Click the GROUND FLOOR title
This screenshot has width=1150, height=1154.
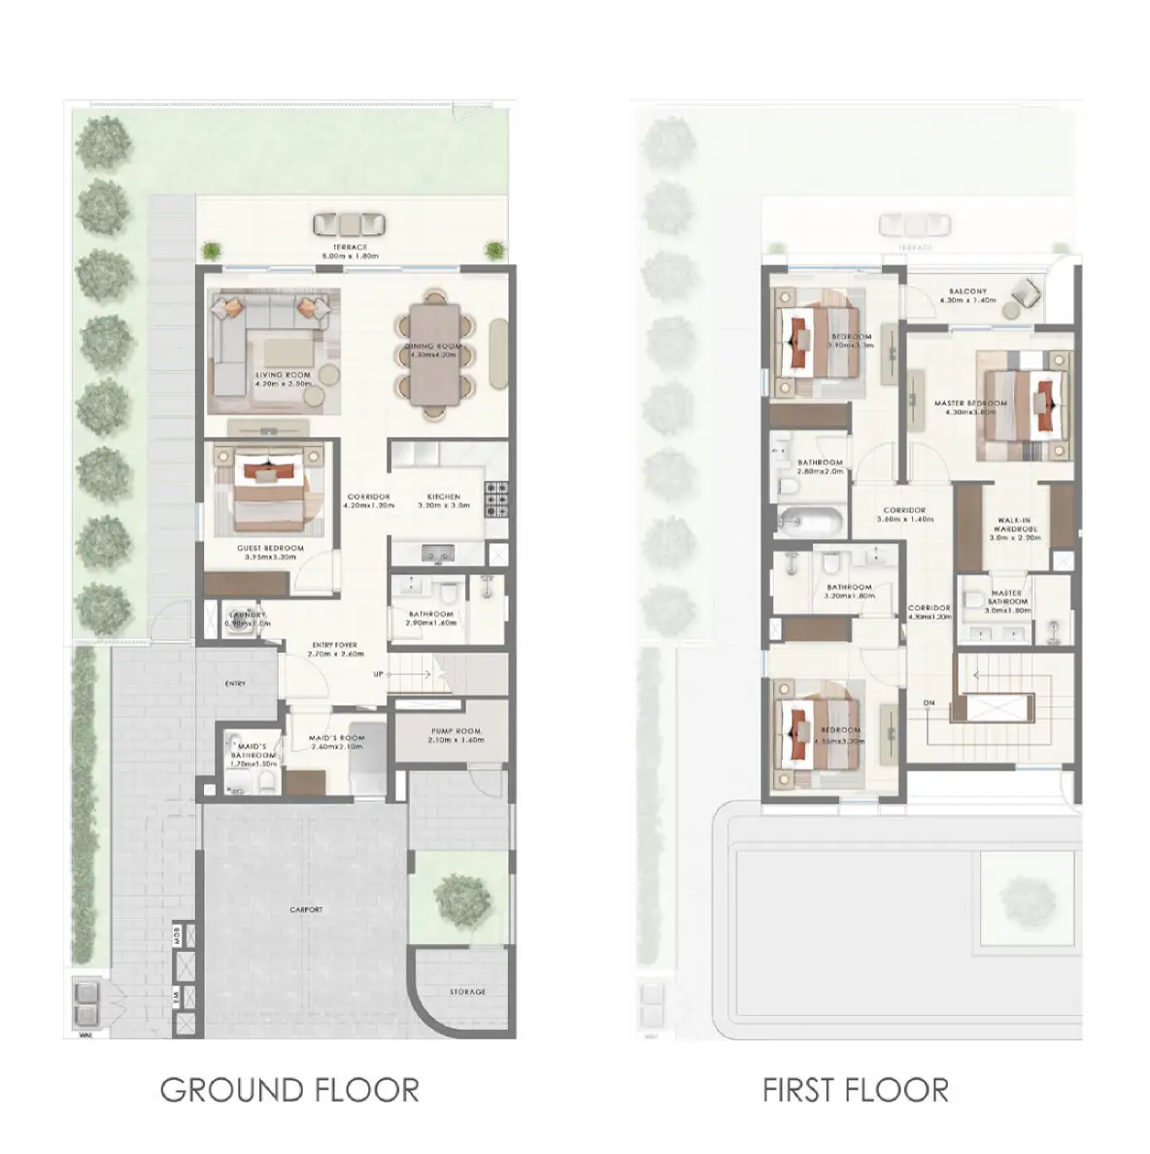[288, 1089]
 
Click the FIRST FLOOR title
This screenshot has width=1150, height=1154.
[855, 1089]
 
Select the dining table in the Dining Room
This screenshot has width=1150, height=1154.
[435, 354]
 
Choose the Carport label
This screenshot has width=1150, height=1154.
[306, 910]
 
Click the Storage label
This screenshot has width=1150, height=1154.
[467, 992]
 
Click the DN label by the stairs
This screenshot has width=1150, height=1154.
[929, 703]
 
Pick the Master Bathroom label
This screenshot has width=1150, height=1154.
[1006, 597]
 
